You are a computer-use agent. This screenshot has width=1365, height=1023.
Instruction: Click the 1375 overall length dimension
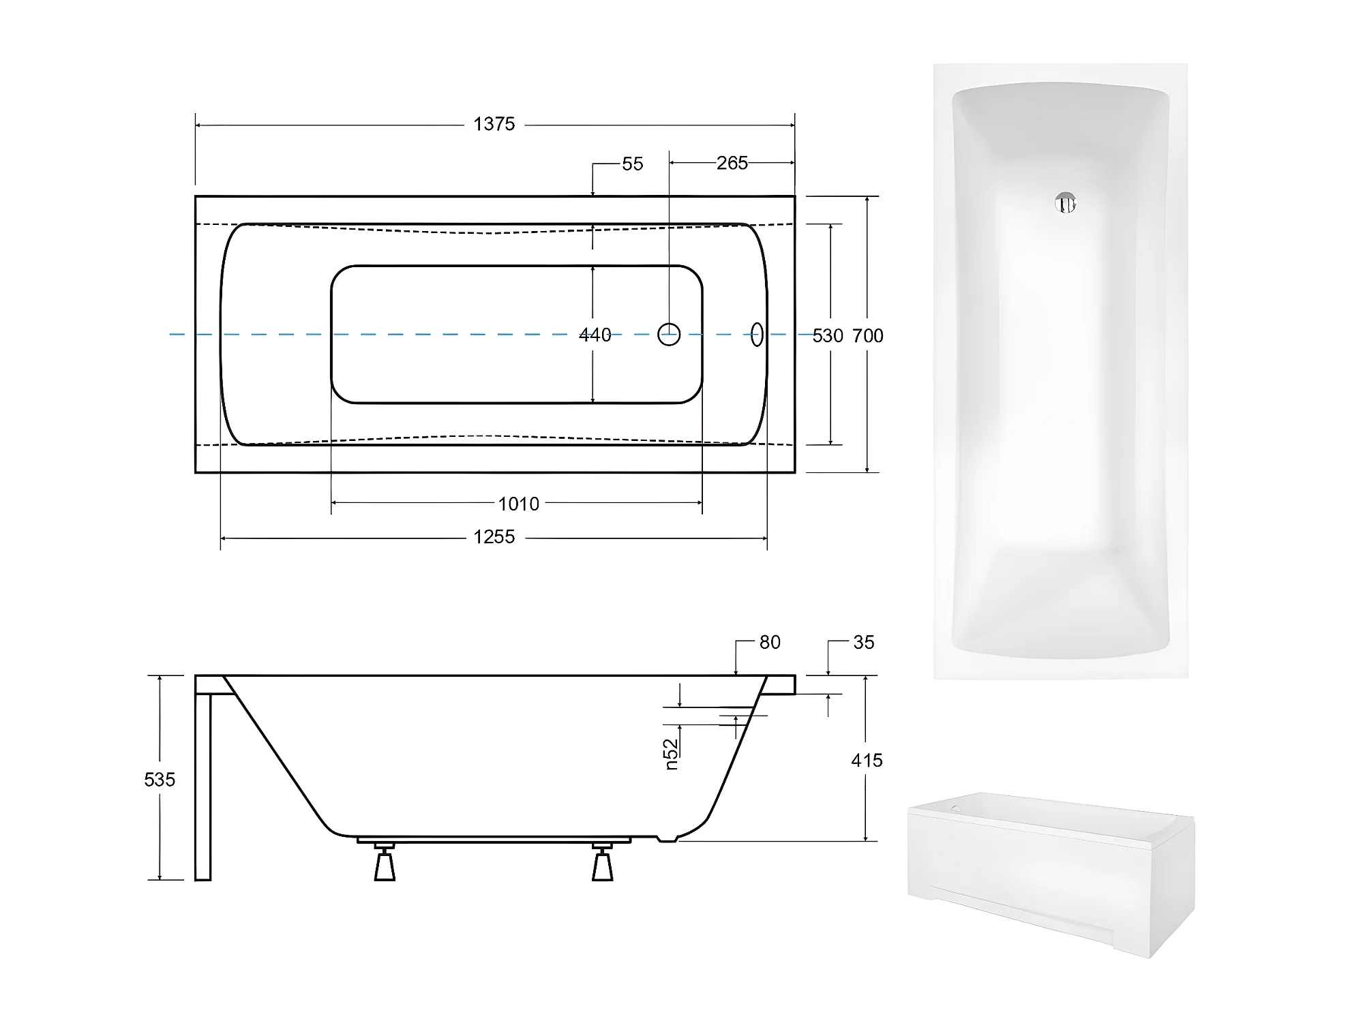(x=494, y=124)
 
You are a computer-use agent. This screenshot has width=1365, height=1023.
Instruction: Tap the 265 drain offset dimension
(x=732, y=163)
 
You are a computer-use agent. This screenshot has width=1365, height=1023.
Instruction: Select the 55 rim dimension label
(x=633, y=164)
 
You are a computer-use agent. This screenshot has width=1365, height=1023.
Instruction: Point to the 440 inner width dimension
(x=595, y=335)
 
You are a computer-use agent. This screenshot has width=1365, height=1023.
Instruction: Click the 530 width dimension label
(x=828, y=335)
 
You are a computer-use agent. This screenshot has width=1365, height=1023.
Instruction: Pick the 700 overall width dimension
(x=868, y=335)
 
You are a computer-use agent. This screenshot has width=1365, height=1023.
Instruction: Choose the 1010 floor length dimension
(x=518, y=504)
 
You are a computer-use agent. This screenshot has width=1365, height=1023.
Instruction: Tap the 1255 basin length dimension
(x=494, y=537)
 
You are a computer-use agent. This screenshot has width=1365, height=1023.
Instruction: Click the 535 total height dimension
(x=160, y=779)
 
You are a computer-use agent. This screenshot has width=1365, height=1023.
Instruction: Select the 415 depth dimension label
(x=867, y=760)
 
